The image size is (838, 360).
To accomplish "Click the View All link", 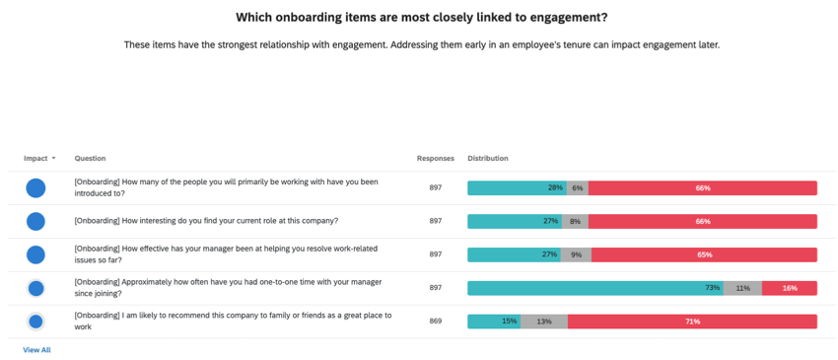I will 36,350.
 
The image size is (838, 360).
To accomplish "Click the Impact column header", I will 35,158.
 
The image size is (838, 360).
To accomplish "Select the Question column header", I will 90,158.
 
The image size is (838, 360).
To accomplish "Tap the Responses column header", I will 435,158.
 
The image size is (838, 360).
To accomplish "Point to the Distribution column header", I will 488,158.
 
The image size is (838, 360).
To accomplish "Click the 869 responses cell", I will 435,322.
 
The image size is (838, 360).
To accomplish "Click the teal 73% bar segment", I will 594,288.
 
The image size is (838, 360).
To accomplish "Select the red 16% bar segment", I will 790,288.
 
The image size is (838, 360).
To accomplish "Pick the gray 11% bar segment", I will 742,288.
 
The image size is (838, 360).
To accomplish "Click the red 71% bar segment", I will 692,322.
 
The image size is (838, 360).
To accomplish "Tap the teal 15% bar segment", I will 493,322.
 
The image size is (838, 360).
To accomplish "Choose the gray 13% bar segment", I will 543,322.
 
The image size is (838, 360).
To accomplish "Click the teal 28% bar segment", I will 516,188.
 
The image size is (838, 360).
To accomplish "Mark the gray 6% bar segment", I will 577,188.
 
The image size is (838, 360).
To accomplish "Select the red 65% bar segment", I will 704,254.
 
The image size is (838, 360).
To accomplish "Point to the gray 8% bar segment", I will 576,221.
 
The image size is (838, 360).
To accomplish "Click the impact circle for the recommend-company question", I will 35,322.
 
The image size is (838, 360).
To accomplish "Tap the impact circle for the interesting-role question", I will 35,221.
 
